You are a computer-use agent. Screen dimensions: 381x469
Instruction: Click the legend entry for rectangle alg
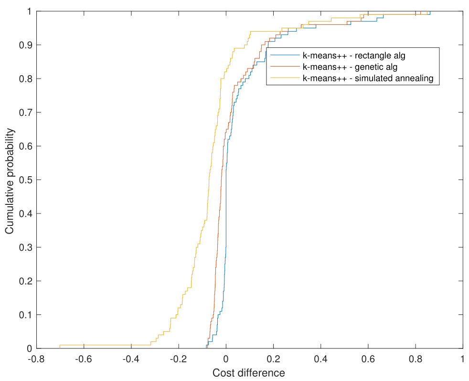coord(354,56)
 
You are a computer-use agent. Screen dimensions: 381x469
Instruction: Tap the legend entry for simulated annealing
coord(367,79)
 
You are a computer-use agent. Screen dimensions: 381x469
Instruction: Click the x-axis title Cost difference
coord(248,372)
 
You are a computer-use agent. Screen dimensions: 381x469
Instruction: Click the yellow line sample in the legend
coord(284,79)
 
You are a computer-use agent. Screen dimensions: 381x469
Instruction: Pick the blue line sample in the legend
coord(284,56)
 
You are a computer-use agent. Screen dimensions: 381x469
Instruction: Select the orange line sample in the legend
coord(284,67)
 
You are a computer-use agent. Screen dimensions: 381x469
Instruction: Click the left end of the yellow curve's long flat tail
coord(60,345)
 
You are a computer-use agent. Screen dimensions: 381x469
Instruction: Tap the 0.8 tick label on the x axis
coord(416,359)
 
